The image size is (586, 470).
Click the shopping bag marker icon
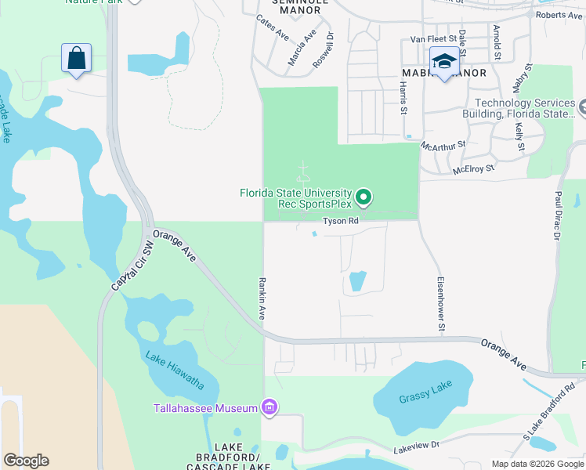[x=76, y=58]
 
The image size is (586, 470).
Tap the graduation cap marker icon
[x=444, y=61]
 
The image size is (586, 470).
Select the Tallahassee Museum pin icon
[x=270, y=407]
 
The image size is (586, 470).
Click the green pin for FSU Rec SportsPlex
[x=363, y=196]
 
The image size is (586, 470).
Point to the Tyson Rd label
[x=341, y=222]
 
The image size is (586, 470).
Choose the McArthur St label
[x=443, y=145]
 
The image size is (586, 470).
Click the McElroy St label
[x=474, y=168]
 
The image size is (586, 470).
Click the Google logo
[x=26, y=461]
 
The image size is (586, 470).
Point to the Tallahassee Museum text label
[x=205, y=408]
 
